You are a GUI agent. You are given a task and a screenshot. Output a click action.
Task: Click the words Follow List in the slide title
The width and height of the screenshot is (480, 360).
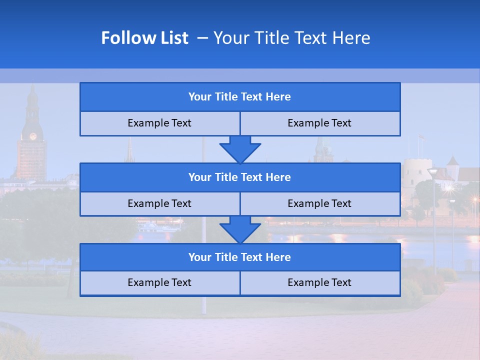coord(144,38)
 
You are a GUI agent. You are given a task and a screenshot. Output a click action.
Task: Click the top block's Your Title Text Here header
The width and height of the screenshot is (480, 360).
coord(239,97)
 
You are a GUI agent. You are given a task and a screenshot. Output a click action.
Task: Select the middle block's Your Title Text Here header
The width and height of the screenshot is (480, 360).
coord(239,177)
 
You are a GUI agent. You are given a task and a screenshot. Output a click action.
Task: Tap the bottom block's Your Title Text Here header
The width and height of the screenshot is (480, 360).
coord(239,257)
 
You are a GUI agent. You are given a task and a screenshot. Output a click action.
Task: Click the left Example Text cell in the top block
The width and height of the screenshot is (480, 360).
coord(159,123)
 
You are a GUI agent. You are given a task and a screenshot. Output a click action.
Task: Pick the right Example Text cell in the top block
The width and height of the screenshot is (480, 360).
coord(319,123)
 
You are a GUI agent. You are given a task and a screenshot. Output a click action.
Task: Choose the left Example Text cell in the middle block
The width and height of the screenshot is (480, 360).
coord(159,203)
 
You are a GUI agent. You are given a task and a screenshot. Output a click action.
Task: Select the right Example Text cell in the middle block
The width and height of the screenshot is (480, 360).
coord(319,203)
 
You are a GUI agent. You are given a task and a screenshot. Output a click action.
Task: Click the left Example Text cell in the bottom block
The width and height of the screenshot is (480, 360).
coord(159,282)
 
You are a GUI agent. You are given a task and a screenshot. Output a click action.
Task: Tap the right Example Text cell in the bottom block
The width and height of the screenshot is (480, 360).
coord(319,282)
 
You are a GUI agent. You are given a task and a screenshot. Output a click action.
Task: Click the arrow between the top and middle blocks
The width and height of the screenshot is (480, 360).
coord(240,149)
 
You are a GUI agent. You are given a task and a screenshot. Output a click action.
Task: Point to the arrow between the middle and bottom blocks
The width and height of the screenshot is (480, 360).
coord(240,229)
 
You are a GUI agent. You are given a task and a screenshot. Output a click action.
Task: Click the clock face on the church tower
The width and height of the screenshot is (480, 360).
coord(33,136)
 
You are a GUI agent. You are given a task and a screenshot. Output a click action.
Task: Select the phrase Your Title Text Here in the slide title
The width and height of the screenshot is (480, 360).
coord(292,38)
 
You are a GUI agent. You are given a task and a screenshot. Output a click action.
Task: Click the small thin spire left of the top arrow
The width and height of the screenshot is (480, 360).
coord(129,150)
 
